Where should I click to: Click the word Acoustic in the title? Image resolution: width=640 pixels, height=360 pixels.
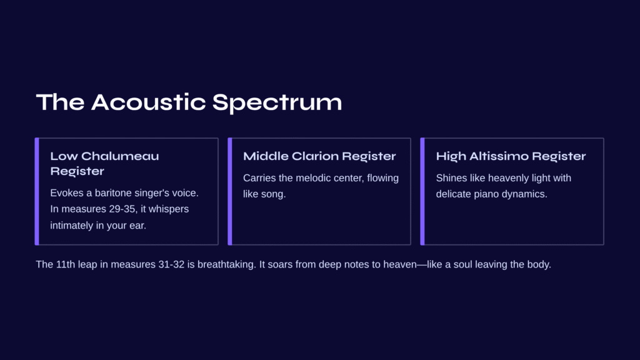click(148, 102)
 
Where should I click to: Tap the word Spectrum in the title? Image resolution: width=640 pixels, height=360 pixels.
click(277, 103)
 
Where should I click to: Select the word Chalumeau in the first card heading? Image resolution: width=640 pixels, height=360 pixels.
click(120, 156)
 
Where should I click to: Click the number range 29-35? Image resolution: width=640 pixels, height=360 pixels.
click(122, 209)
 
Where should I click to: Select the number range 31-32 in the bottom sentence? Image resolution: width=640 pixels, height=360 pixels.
click(171, 264)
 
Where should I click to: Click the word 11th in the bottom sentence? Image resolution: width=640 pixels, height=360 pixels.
click(66, 264)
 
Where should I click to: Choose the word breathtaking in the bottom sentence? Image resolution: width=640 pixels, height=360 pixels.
click(226, 264)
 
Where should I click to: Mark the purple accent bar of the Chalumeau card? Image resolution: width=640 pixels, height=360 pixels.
click(37, 191)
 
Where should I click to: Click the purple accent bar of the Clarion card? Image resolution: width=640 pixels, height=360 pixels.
click(230, 191)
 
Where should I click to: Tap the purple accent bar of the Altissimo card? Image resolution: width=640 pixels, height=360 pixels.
click(422, 191)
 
